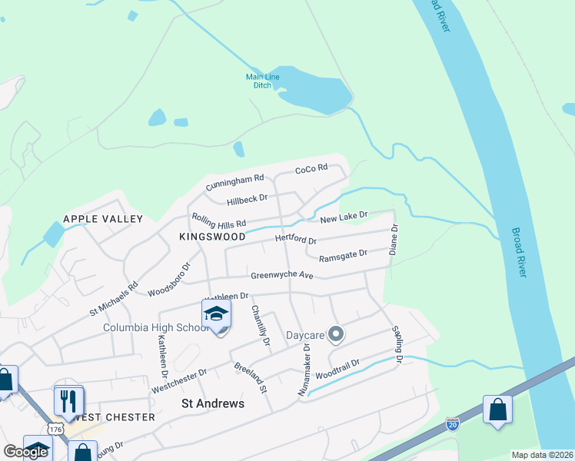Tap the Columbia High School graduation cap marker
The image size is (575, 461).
coord(216,314)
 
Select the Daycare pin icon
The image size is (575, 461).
coord(335,334)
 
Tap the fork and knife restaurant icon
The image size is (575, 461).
coord(68,400)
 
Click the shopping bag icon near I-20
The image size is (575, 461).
coord(497,410)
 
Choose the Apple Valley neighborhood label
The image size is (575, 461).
coord(103,219)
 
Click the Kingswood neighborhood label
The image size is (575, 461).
coord(212,237)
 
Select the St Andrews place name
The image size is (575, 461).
coord(212,403)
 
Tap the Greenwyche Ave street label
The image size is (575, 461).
coord(282,275)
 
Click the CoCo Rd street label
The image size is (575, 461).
coord(311,167)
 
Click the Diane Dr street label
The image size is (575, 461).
coord(394,239)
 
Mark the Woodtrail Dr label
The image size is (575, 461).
coord(337,371)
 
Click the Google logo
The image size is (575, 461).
coord(25,452)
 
